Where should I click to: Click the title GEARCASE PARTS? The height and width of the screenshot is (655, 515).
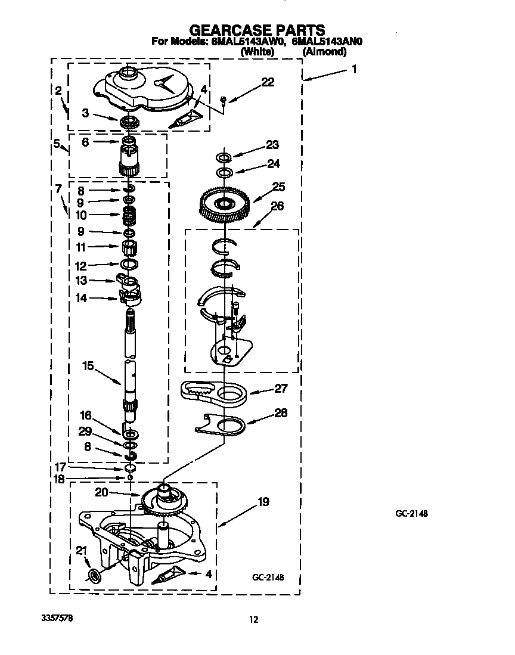pyautogui.click(x=256, y=30)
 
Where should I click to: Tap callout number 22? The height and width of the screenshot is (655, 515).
pyautogui.click(x=268, y=82)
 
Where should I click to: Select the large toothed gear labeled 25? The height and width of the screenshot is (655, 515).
pyautogui.click(x=226, y=205)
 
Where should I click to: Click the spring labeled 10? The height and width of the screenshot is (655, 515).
pyautogui.click(x=129, y=215)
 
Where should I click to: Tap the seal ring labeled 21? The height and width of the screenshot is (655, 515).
pyautogui.click(x=94, y=576)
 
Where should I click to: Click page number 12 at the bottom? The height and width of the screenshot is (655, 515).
pyautogui.click(x=253, y=620)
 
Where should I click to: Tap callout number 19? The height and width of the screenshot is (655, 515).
pyautogui.click(x=262, y=502)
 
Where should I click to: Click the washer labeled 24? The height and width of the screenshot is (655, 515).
pyautogui.click(x=224, y=173)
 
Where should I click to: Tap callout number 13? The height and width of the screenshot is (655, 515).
pyautogui.click(x=80, y=280)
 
